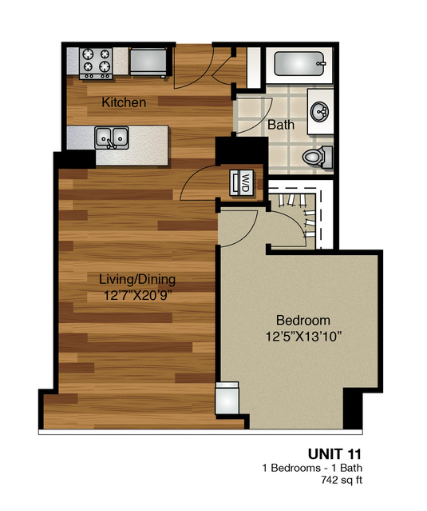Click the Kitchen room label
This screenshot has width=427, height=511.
(124, 103)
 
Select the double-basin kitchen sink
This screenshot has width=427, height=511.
(113, 138)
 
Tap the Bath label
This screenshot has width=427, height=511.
(280, 126)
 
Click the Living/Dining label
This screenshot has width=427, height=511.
(136, 280)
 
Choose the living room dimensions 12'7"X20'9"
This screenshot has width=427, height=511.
(136, 295)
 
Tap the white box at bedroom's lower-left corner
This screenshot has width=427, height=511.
(227, 397)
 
